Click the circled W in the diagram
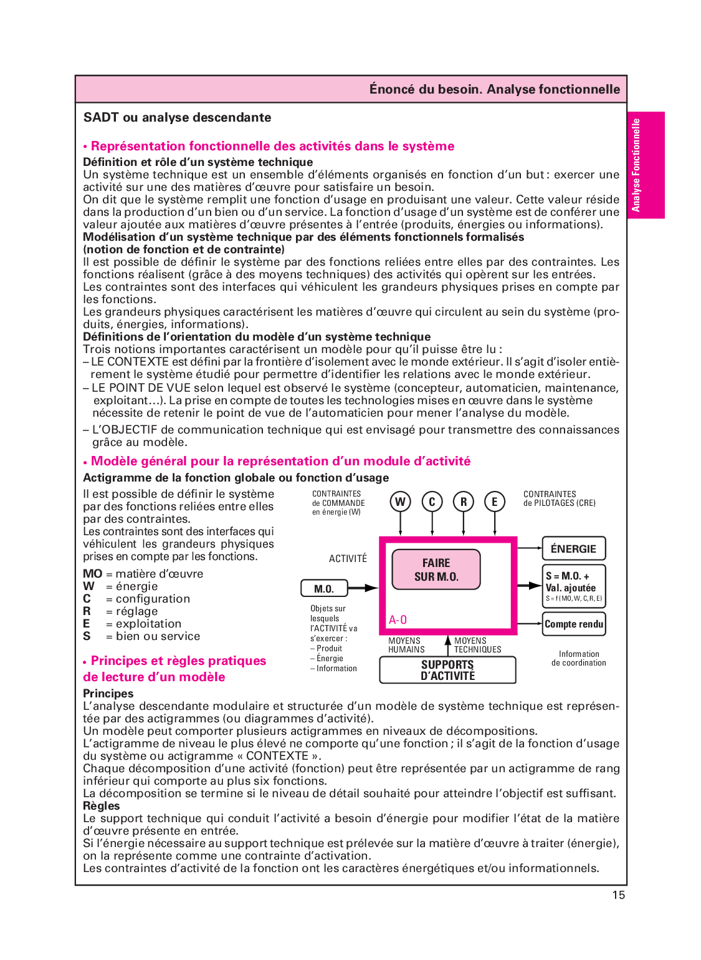pos(401,502)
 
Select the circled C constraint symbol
pos(432,502)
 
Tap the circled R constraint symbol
pos(464,502)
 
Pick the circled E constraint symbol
pos(495,502)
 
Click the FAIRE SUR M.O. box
pos(436,570)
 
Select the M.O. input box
pos(324,588)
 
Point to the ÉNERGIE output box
pos(573,549)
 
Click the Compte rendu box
pos(574,624)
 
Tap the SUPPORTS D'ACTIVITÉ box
pos(447,670)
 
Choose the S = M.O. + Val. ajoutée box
pos(574,586)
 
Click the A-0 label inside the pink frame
pos(398,620)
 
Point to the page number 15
pos(618,895)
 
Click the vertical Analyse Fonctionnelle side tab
pos(646,165)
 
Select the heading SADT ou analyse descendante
pos(178,118)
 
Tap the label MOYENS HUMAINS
pos(406,645)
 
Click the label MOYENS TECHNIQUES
pos(477,645)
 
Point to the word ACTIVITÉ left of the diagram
pos(348,559)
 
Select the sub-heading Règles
pos(102,806)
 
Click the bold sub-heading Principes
pos(108,694)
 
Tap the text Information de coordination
pos(579,659)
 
